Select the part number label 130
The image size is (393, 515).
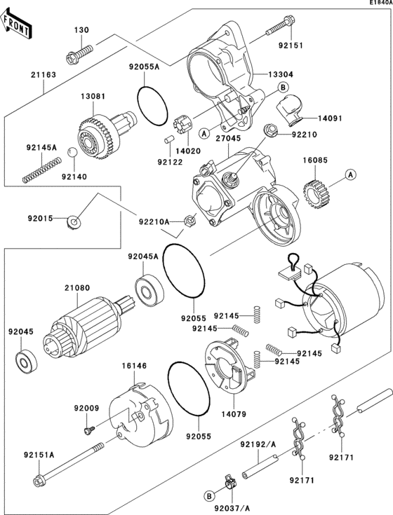pyautogui.click(x=82, y=30)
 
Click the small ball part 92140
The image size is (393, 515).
pyautogui.click(x=72, y=153)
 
